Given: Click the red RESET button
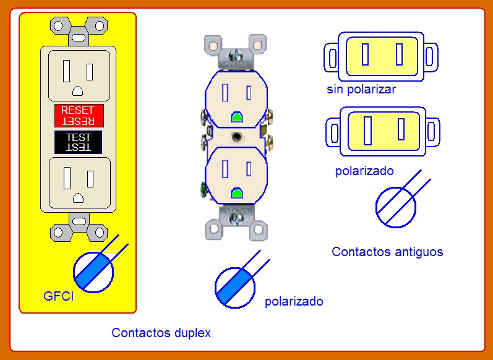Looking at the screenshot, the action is pos(79,116).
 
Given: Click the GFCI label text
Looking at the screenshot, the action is pos(59,296).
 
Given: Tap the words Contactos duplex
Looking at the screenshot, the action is pos(161,333).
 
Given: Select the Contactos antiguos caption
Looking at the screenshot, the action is pos(387,252).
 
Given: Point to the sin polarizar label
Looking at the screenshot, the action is pos(361,89).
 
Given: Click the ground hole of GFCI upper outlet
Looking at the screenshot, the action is pos(78,91).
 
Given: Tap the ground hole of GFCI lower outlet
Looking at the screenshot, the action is pos(79,198).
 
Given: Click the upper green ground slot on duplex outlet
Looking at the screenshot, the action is pos(237,117).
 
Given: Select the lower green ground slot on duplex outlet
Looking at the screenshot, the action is pos(237,194).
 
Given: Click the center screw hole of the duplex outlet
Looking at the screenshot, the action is pos(236,137).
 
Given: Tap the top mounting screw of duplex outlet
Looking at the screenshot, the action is pos(234,56).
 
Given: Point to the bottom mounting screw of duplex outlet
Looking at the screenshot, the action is pos(236,218).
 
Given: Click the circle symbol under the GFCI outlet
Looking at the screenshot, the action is pos(93,272).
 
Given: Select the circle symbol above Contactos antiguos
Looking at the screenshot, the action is pos(396,207).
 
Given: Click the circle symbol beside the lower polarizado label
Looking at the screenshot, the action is pos(235,288).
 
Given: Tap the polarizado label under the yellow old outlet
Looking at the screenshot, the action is pos(364,171).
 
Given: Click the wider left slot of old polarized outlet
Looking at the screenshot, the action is pos(367,131).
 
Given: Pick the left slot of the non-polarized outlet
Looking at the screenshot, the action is pos(365,54).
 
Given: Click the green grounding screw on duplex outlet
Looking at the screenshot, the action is pos(203,191).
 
